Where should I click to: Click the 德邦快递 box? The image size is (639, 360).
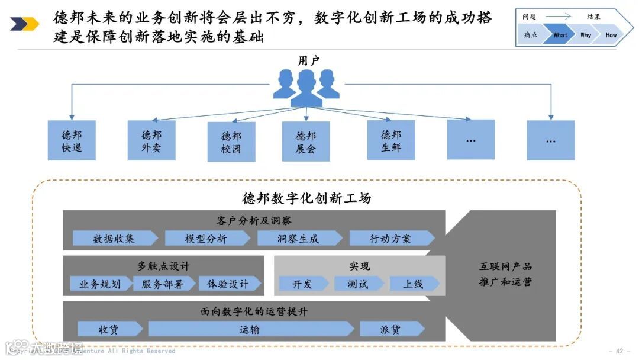tap(72, 141)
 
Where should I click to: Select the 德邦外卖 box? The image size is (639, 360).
tap(151, 140)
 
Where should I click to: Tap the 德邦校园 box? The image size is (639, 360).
tap(231, 142)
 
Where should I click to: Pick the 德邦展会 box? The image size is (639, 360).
tap(305, 142)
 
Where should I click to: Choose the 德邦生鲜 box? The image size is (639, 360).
tap(391, 140)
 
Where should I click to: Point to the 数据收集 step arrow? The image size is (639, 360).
tap(114, 239)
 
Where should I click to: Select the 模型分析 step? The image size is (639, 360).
tap(206, 239)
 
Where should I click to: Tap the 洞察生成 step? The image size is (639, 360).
tap(298, 239)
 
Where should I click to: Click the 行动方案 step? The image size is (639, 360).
tap(390, 239)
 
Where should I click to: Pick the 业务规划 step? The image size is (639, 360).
tap(100, 284)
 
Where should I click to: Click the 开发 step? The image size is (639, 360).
tap(302, 284)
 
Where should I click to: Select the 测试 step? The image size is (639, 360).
tap(358, 284)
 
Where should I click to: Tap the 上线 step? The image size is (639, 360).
tap(414, 284)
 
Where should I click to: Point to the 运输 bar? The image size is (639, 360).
tap(250, 329)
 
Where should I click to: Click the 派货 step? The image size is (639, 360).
tap(390, 329)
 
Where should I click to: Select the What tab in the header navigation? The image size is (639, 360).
tap(560, 35)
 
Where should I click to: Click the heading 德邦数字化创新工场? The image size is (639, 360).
tap(306, 198)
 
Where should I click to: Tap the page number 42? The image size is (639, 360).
tap(619, 351)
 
